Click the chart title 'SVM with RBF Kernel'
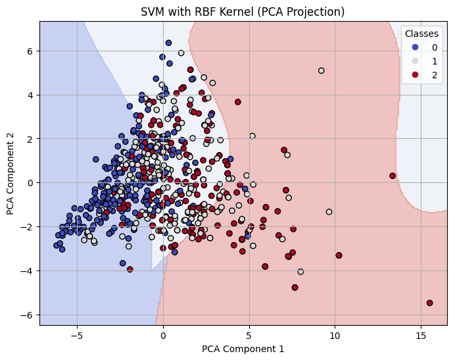(243, 12)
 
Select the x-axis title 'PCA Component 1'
(243, 348)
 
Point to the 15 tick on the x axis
(421, 334)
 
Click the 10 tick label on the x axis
(335, 334)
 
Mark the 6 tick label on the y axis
(30, 51)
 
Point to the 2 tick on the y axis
(30, 139)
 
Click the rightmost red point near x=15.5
(429, 303)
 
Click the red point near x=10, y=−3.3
(339, 255)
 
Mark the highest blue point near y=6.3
(168, 43)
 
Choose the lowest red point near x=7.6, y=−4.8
(295, 288)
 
